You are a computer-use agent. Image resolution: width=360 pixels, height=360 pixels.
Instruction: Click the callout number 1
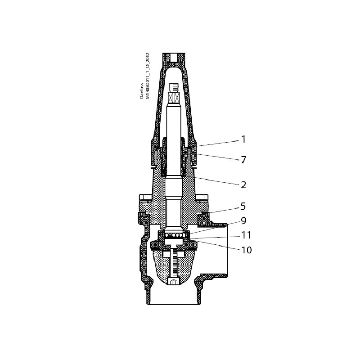243,139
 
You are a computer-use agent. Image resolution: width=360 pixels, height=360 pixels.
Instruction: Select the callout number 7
243,160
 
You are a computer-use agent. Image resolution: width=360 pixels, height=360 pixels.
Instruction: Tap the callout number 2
243,184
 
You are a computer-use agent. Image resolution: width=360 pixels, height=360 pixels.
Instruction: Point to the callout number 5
243,207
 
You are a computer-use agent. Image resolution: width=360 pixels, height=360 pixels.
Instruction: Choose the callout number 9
243,221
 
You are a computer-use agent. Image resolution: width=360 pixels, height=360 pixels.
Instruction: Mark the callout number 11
246,235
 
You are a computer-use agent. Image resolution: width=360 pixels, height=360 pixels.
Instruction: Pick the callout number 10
246,250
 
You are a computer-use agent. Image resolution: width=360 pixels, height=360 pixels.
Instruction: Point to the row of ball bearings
174,236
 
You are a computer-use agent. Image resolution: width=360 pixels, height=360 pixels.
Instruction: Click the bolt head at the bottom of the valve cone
174,281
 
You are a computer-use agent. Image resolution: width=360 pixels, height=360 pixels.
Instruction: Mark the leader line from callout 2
216,181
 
